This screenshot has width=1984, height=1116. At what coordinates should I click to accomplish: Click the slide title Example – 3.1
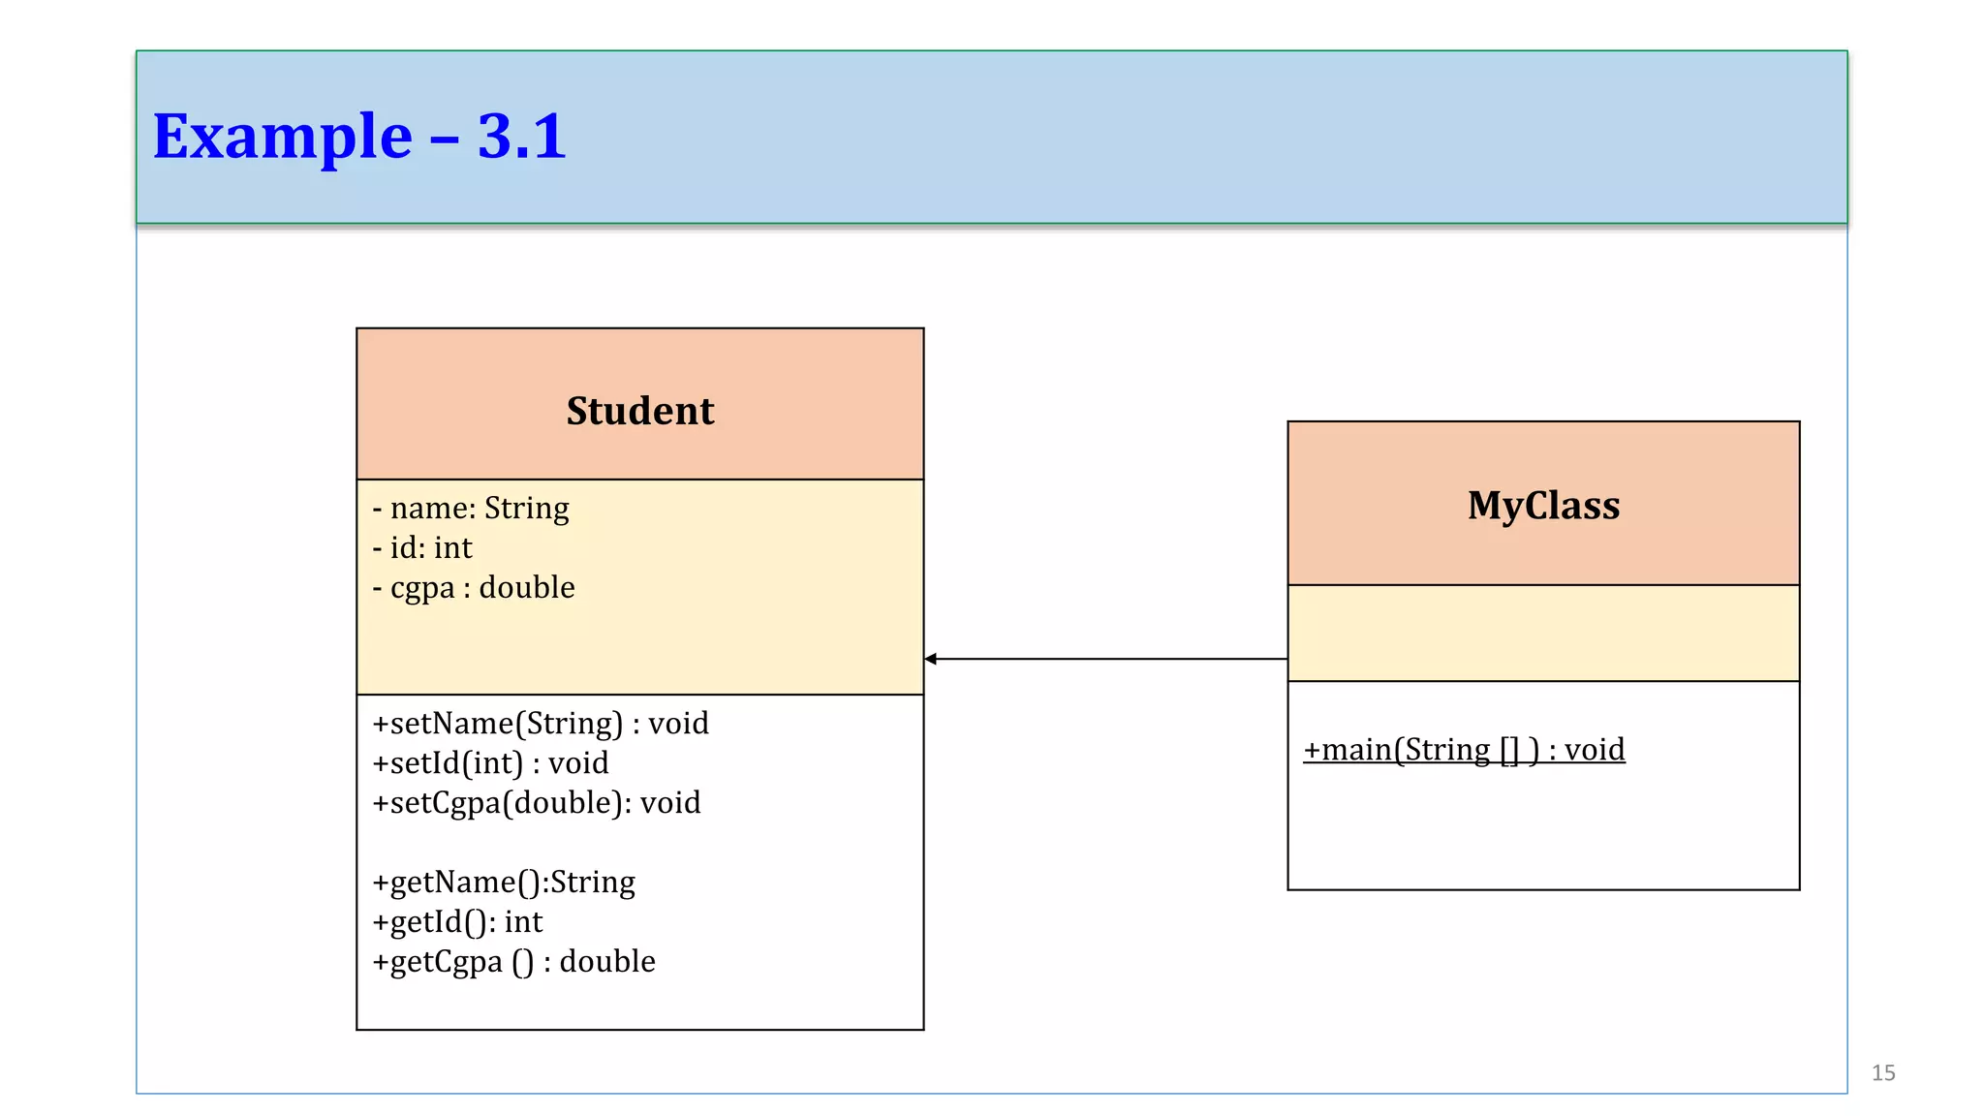pyautogui.click(x=359, y=137)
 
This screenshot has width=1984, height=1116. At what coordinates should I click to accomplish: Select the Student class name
pyautogui.click(x=639, y=411)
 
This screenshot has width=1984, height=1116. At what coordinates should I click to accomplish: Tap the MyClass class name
pyautogui.click(x=1542, y=506)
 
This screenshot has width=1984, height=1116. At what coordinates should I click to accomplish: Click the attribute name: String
pyautogui.click(x=471, y=509)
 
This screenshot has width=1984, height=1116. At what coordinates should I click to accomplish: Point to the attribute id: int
pyautogui.click(x=422, y=548)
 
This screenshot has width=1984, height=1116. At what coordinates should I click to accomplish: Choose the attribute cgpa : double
pyautogui.click(x=474, y=588)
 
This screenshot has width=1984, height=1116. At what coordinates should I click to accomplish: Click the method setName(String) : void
pyautogui.click(x=541, y=724)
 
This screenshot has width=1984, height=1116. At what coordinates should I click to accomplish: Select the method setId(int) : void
pyautogui.click(x=490, y=763)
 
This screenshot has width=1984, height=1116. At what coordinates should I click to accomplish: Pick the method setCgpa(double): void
pyautogui.click(x=536, y=803)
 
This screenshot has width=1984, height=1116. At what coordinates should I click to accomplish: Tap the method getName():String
pyautogui.click(x=504, y=883)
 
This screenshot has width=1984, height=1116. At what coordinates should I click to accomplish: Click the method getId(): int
pyautogui.click(x=457, y=922)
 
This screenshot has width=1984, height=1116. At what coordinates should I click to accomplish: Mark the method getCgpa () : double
pyautogui.click(x=513, y=962)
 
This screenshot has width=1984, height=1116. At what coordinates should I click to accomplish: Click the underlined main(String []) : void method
pyautogui.click(x=1463, y=750)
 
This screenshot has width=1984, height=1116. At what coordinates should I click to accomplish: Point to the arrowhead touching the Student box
pyautogui.click(x=931, y=659)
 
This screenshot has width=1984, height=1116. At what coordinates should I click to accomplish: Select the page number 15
pyautogui.click(x=1882, y=1072)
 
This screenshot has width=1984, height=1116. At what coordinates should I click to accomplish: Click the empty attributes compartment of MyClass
pyautogui.click(x=1542, y=633)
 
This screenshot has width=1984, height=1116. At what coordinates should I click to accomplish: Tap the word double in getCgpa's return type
pyautogui.click(x=607, y=962)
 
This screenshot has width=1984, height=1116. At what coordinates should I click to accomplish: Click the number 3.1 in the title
pyautogui.click(x=521, y=137)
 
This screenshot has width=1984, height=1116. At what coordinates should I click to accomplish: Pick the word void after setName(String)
pyautogui.click(x=678, y=724)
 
